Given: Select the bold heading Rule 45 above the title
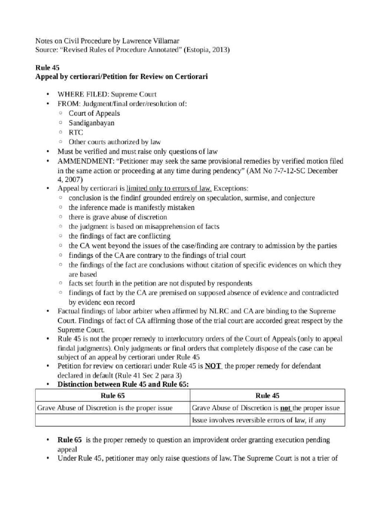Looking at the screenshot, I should coord(47,68).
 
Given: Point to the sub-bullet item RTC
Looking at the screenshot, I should coord(76,132).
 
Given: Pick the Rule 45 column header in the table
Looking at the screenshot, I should coord(267,396).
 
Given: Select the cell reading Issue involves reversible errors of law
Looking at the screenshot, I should coord(260,420).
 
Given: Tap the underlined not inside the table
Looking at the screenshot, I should coord(285,408).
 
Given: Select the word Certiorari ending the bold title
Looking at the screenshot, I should coord(190,77).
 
